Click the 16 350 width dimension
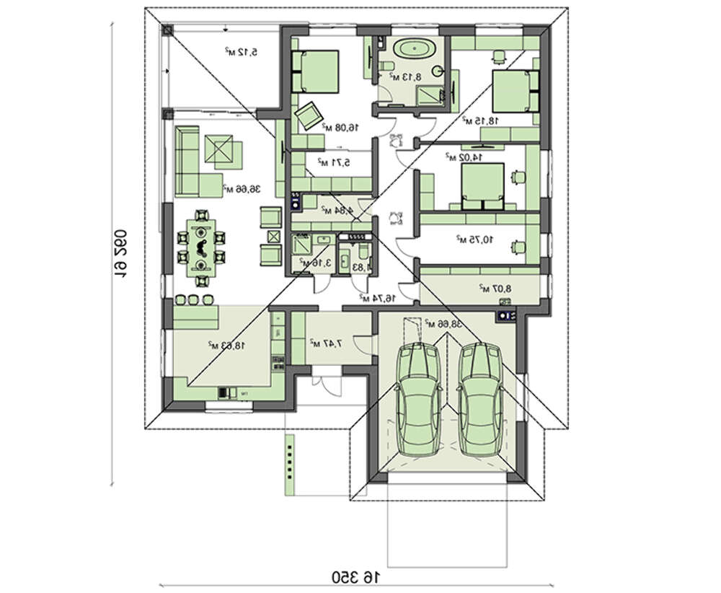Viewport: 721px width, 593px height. (355, 576)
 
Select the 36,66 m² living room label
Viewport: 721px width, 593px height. (242, 190)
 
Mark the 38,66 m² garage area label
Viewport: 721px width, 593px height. (442, 325)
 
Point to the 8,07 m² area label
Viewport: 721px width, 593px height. (495, 289)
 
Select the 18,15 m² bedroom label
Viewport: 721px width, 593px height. (478, 120)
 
